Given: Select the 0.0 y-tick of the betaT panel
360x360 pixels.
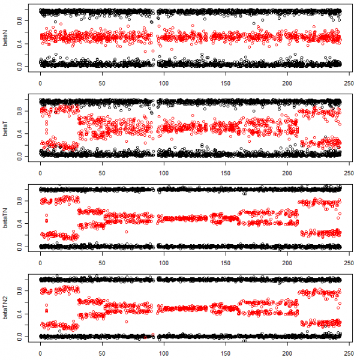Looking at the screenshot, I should point(20,155).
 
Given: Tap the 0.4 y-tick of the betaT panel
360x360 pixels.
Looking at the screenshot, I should point(20,133).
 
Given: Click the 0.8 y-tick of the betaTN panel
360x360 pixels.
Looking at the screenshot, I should point(20,200).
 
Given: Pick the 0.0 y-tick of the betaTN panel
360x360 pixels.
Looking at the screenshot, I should point(20,246).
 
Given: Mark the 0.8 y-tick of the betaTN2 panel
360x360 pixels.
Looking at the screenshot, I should point(20,290).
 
